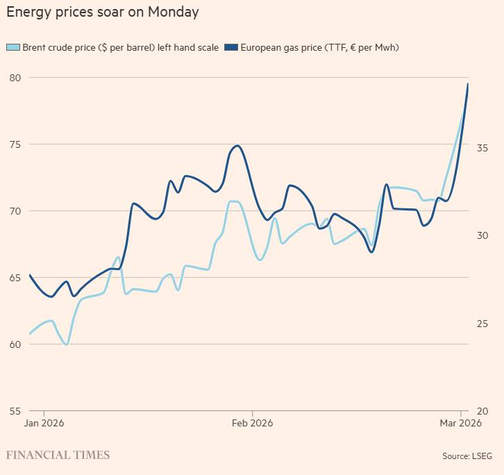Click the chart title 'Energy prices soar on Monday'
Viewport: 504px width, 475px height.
click(x=102, y=12)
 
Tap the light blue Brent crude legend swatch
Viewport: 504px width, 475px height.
click(x=13, y=47)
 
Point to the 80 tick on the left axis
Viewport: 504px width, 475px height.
click(x=14, y=78)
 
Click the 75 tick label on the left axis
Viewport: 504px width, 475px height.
click(x=14, y=144)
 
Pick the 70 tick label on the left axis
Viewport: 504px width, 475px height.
click(x=14, y=211)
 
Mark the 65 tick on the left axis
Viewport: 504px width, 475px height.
click(x=14, y=278)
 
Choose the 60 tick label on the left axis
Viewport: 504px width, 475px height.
click(x=14, y=344)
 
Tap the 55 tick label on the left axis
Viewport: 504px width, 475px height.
click(x=14, y=410)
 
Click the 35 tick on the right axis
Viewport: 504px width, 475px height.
click(x=482, y=149)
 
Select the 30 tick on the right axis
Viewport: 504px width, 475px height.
click(x=482, y=236)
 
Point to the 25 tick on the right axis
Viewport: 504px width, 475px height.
click(x=482, y=324)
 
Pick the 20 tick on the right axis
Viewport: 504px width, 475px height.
click(x=482, y=411)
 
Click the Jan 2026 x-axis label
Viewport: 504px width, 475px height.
click(x=44, y=423)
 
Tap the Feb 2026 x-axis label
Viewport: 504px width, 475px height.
click(x=252, y=423)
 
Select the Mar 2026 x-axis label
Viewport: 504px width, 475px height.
click(x=460, y=423)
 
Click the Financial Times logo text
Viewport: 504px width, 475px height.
click(x=58, y=456)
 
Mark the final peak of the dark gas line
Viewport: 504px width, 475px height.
click(x=467, y=84)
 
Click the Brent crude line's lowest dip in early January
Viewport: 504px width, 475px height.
click(x=67, y=344)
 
